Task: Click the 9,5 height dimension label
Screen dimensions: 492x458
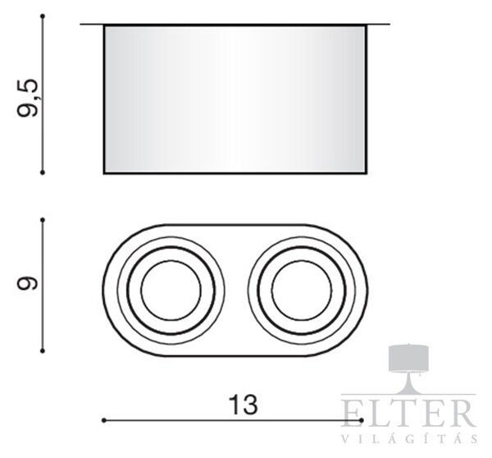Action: (28, 98)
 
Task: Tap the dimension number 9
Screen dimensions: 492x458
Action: (27, 283)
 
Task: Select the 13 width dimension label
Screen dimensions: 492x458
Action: (244, 405)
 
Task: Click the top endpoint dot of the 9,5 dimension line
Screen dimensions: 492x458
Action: (43, 16)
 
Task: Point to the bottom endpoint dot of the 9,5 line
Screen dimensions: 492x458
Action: (43, 172)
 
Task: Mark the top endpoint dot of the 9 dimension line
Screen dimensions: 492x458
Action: (43, 220)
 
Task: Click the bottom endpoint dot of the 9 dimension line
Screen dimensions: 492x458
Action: (43, 350)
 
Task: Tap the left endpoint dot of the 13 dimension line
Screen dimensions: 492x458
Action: (104, 420)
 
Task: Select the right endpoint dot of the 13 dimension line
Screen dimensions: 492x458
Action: (362, 420)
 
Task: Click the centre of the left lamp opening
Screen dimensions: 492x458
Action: (171, 291)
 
